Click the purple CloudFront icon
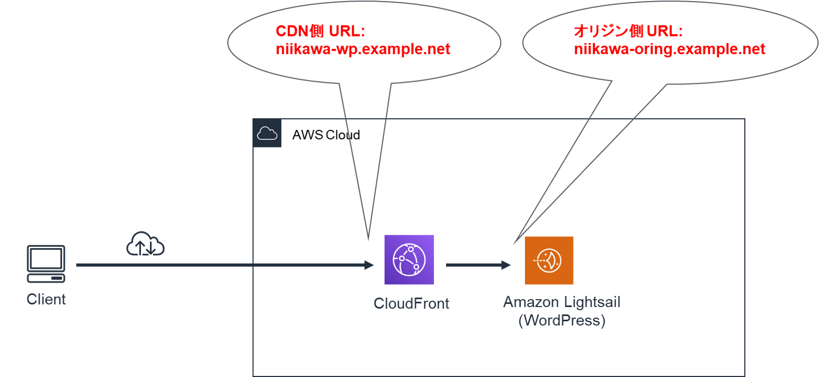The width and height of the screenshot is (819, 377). [409, 260]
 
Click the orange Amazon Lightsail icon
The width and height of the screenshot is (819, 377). [549, 260]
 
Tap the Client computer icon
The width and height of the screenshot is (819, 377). [46, 264]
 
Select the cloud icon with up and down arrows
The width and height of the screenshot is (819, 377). [145, 244]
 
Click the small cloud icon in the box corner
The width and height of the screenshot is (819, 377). [267, 134]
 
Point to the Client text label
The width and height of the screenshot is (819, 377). [46, 300]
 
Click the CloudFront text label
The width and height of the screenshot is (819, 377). [411, 304]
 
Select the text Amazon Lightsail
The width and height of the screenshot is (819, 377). [561, 303]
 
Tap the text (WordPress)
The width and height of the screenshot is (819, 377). [561, 321]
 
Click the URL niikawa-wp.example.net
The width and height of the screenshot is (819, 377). [362, 49]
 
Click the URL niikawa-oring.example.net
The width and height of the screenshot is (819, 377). [670, 49]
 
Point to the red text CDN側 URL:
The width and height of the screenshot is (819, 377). [320, 31]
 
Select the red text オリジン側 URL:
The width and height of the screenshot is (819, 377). [628, 31]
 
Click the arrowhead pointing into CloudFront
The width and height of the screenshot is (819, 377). [369, 264]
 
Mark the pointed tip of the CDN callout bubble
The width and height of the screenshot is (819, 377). [368, 240]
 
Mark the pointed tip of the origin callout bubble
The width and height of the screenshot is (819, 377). [513, 244]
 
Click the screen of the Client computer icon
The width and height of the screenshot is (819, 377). [46, 259]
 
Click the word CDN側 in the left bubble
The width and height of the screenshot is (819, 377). [300, 31]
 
